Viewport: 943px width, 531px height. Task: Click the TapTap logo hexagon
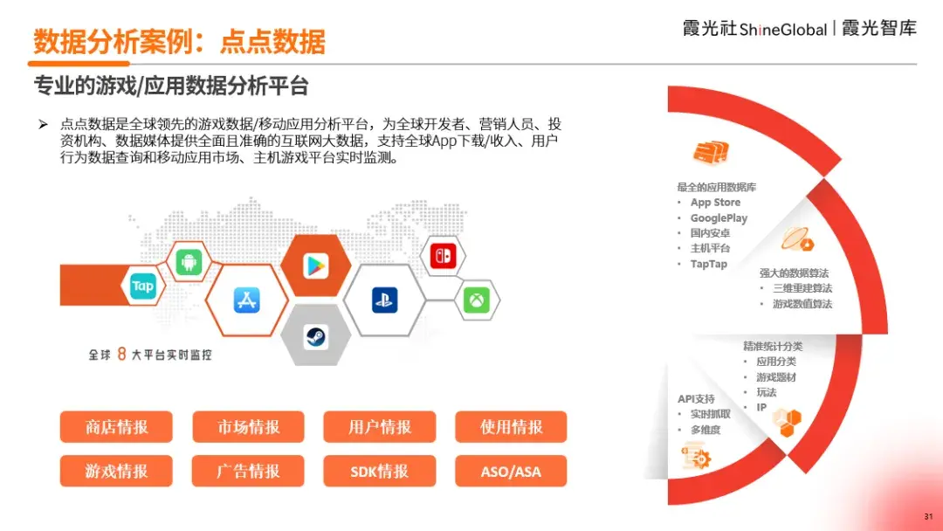click(x=142, y=286)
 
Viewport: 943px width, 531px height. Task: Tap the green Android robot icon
click(x=189, y=262)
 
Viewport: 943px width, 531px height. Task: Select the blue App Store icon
click(x=246, y=300)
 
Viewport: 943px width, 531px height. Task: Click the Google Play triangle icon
click(x=316, y=266)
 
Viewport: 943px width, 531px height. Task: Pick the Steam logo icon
click(x=315, y=337)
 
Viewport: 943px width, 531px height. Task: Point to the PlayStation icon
click(x=384, y=300)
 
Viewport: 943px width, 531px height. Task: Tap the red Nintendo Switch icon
click(x=443, y=256)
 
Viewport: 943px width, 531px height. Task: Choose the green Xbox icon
click(x=477, y=300)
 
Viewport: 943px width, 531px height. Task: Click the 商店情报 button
click(x=116, y=427)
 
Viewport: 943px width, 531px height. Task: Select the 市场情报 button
click(x=248, y=427)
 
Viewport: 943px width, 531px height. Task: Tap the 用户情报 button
click(x=380, y=427)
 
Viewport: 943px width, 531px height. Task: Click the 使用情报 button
click(x=511, y=427)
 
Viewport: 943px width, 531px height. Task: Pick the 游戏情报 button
click(x=116, y=471)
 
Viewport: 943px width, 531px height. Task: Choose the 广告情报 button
click(x=248, y=471)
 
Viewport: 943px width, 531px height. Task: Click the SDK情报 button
click(x=380, y=471)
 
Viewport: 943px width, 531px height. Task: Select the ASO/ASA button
click(x=511, y=471)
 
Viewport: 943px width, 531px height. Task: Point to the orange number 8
click(x=121, y=354)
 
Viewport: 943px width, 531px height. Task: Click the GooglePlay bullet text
click(x=719, y=217)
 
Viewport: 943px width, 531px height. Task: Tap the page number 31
click(x=928, y=516)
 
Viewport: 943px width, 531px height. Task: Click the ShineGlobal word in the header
click(x=783, y=29)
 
